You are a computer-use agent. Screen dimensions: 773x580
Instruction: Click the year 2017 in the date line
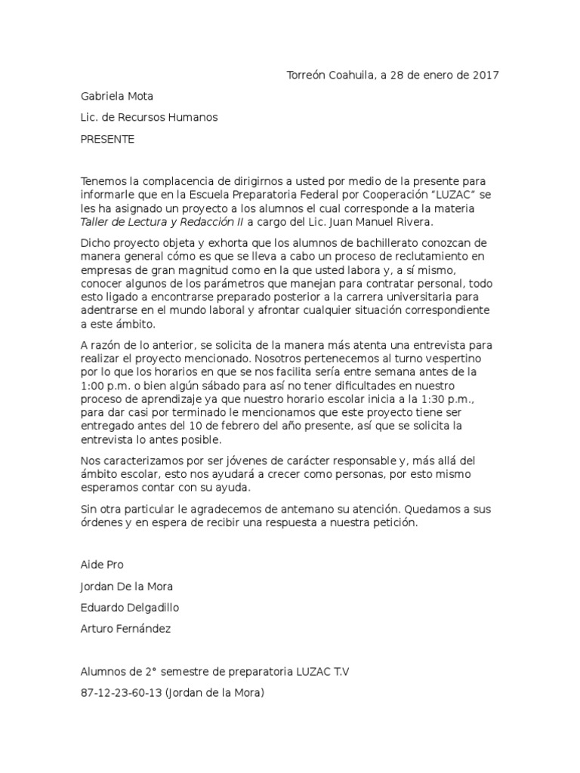coord(485,75)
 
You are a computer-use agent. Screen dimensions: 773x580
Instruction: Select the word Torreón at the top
coord(307,75)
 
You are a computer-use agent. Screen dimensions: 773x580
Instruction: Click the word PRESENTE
coord(107,139)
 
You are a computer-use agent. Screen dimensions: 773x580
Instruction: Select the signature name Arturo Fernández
coord(126,629)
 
